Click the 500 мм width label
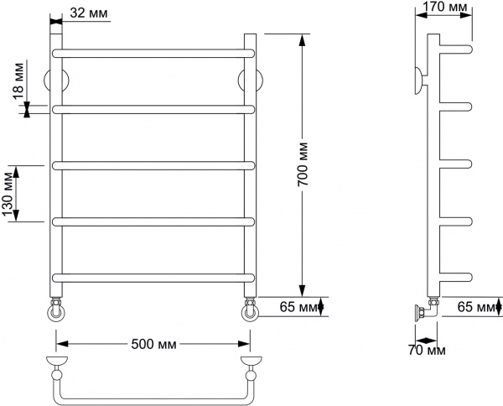[x=153, y=344]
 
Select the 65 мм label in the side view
[x=475, y=308]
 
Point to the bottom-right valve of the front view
[x=250, y=310]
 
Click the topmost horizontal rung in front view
[x=153, y=53]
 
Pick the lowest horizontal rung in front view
[x=153, y=277]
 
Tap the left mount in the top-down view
[x=55, y=363]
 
